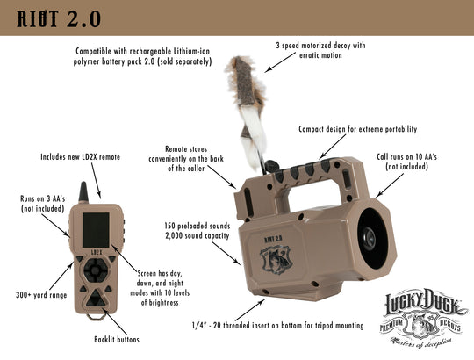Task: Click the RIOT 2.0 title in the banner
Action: coord(59,19)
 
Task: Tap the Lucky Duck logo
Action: coord(423,320)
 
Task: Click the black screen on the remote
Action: coord(97,230)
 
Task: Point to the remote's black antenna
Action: coord(83,192)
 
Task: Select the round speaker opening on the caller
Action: coord(372,238)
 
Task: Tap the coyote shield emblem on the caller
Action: coord(276,259)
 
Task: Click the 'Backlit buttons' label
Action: coord(117,340)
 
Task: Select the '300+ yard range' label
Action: coord(41,295)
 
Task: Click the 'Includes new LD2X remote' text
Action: coord(81,157)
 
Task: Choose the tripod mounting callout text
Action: coord(277,326)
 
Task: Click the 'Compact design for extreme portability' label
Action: coord(358,129)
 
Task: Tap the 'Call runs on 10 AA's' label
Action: coord(406,162)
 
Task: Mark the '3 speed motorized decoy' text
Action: coord(320,50)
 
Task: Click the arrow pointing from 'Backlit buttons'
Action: coord(115,321)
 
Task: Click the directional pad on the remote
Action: coord(97,270)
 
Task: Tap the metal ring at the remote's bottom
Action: coord(97,316)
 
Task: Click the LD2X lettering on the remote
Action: coord(97,252)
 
